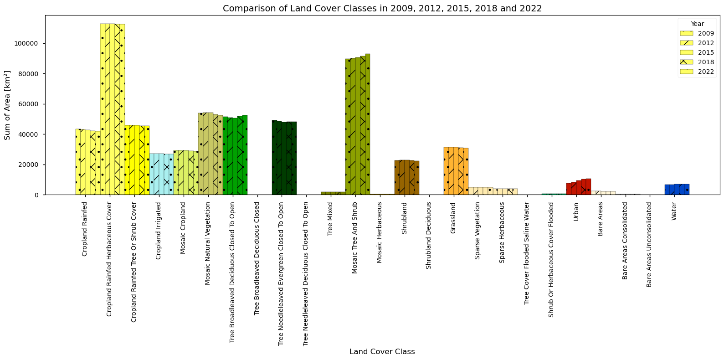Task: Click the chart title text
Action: [x=382, y=8]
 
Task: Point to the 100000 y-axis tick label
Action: [x=26, y=43]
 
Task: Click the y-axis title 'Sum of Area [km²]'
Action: [x=7, y=105]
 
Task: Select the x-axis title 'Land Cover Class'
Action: [x=382, y=352]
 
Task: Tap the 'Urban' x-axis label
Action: [x=575, y=211]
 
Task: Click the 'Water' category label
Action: [x=674, y=211]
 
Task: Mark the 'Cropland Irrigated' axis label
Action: [x=158, y=231]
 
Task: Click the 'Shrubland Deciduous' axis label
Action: [x=428, y=236]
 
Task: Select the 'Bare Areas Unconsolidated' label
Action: [x=649, y=245]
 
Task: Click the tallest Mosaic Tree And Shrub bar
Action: [x=368, y=124]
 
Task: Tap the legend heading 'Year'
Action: [x=698, y=24]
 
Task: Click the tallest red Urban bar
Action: [x=589, y=187]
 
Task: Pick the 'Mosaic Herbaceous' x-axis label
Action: [x=379, y=233]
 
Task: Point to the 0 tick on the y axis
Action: [x=36, y=195]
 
